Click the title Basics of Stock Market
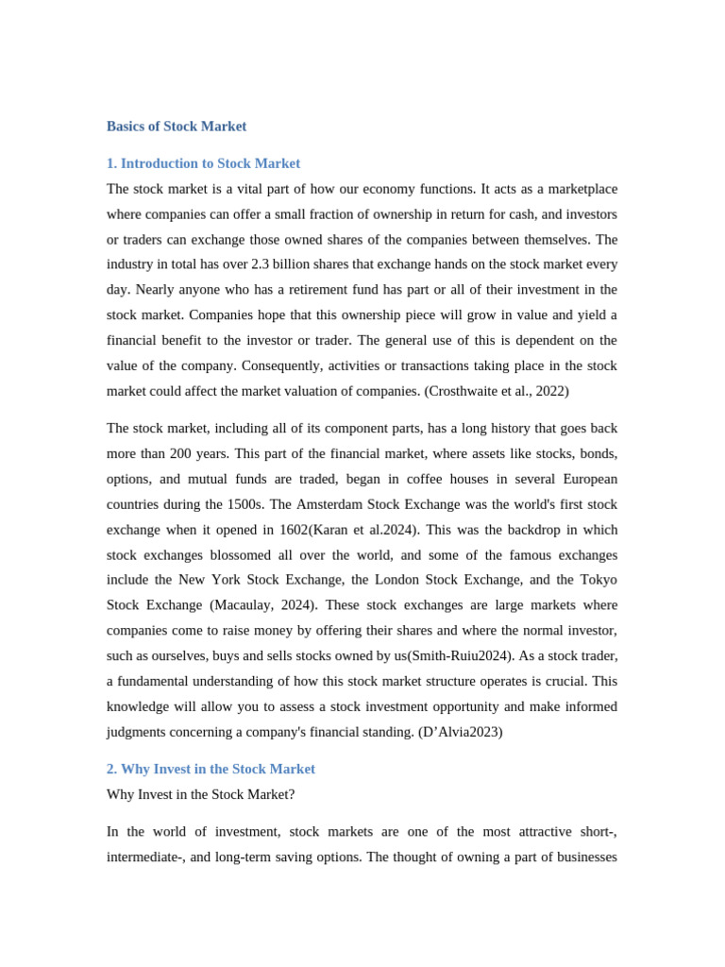(x=177, y=127)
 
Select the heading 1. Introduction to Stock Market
(x=203, y=163)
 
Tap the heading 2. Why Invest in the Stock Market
(x=211, y=769)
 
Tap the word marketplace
(x=578, y=189)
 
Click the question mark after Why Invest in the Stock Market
(x=291, y=794)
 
